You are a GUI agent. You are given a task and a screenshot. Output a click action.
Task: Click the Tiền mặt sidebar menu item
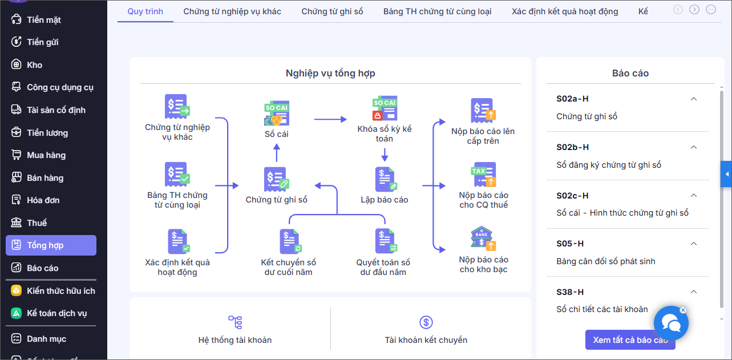43,20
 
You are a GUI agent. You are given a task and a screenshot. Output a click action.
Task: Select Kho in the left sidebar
34,65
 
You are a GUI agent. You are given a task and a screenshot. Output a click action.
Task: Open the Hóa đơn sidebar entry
43,200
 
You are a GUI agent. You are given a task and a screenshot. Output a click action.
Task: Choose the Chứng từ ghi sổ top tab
332,11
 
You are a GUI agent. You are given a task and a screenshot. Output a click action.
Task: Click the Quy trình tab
145,11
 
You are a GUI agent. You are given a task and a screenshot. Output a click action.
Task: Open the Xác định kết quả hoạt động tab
564,11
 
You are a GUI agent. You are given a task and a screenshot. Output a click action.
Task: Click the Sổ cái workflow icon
277,114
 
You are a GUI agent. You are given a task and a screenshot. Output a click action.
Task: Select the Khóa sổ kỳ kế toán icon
385,108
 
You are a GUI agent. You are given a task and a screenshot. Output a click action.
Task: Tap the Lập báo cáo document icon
385,179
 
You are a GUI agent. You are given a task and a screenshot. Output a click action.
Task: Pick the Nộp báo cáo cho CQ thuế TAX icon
483,175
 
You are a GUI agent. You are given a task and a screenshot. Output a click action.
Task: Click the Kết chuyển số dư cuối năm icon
289,241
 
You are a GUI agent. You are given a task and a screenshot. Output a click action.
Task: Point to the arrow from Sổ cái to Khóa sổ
330,119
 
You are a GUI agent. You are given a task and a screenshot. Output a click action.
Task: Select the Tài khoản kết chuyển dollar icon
426,322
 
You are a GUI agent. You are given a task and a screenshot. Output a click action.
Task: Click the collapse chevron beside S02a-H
694,99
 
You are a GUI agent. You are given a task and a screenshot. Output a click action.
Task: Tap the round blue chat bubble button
671,323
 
